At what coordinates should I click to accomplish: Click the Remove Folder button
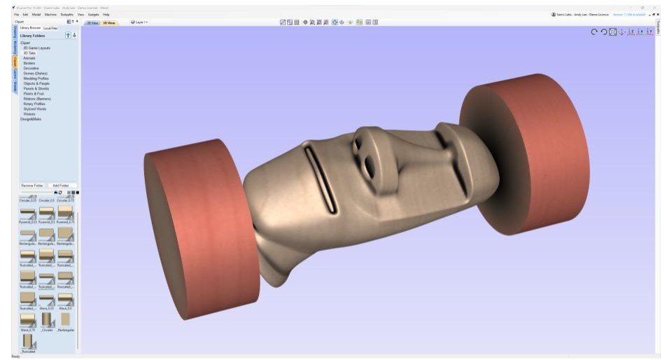coord(31,186)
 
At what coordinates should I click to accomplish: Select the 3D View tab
coord(109,22)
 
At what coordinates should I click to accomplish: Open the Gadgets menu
coord(94,14)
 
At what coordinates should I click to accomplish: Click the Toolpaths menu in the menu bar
coord(67,14)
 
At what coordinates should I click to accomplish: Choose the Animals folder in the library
coord(29,58)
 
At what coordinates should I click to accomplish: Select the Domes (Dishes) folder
coord(35,73)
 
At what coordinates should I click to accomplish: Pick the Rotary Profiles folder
coord(34,104)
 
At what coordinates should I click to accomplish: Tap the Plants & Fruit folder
coord(34,93)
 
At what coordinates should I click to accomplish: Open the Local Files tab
coord(51,28)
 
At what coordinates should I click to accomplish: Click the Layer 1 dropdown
coord(139,22)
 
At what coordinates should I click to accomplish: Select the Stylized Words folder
coord(35,109)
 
